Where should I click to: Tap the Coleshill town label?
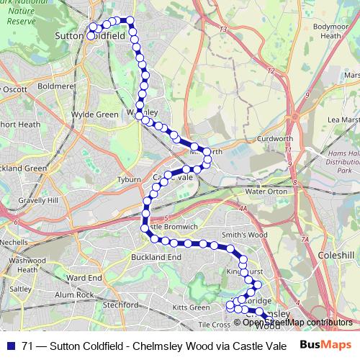(x=337, y=255)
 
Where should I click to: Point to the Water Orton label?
(x=266, y=192)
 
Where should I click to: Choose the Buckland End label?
(x=156, y=256)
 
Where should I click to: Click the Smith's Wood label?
(x=245, y=235)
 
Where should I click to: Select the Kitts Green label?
(x=191, y=308)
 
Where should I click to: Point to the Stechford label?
(x=120, y=305)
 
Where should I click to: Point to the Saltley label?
(x=21, y=288)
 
